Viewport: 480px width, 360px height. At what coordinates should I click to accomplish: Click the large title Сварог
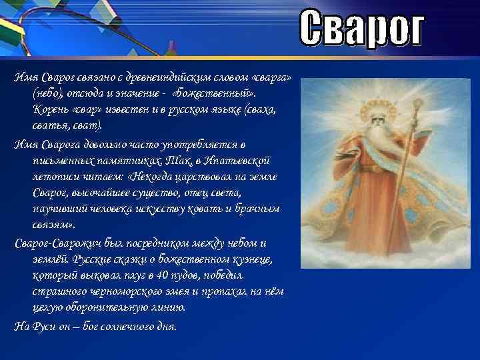coord(361,29)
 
